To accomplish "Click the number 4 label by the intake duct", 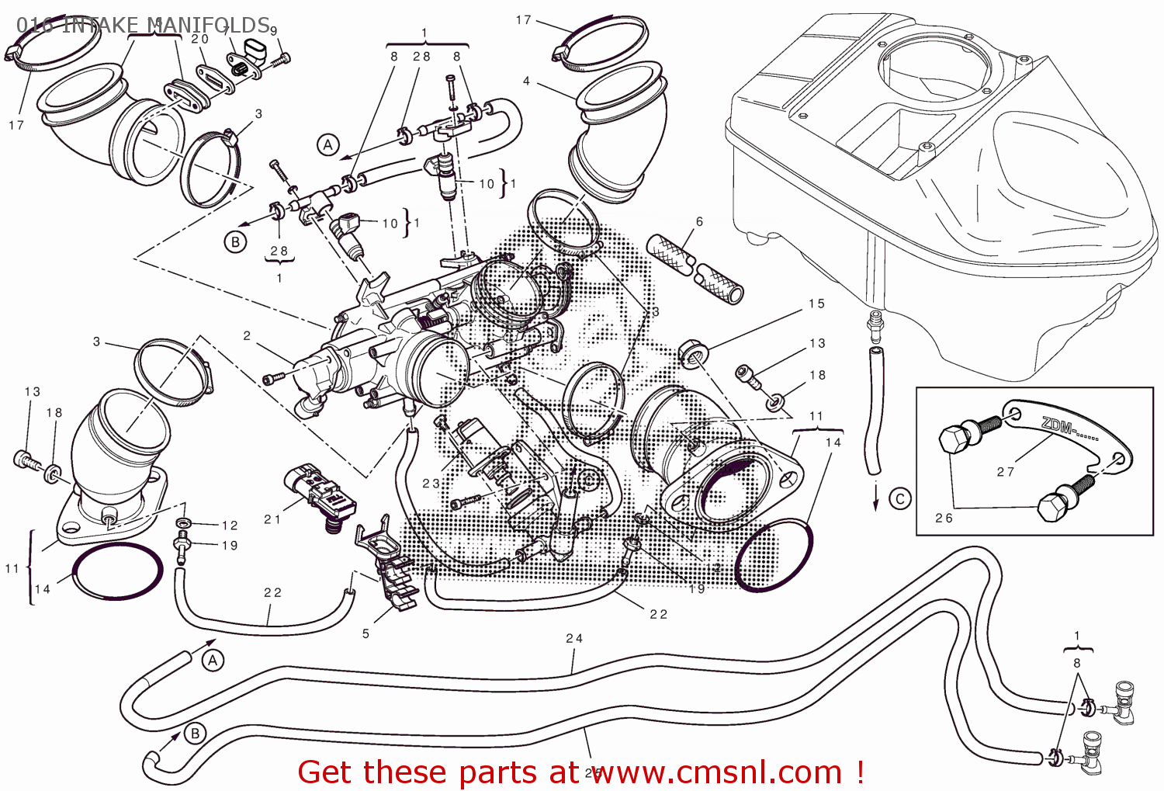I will point(526,81).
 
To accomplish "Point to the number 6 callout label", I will point(699,222).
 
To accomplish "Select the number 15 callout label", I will point(816,304).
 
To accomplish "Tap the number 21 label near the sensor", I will point(272,519).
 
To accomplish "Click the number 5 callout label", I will point(365,633).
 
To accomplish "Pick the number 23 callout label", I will point(431,483).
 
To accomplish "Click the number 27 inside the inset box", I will point(1006,471).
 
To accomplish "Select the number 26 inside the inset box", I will point(944,518).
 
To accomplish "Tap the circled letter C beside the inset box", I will point(900,498).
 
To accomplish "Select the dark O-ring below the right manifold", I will point(774,557).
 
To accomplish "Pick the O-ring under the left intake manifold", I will point(118,571).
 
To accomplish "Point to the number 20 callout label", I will point(200,39).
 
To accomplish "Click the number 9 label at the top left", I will point(273,31).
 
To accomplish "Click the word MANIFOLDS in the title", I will point(210,25).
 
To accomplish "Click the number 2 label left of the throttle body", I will point(247,336).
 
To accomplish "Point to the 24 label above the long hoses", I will point(574,638).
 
